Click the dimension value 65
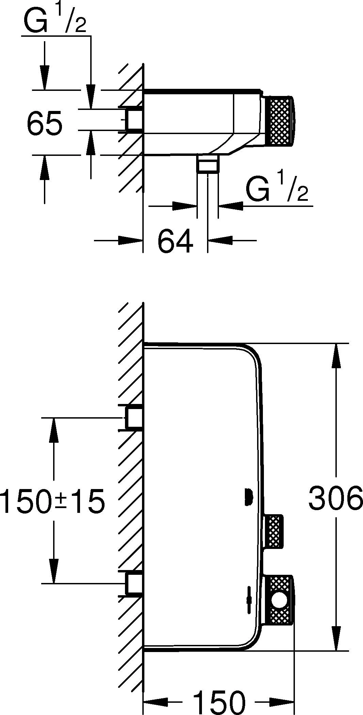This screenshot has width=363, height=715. coord(44,122)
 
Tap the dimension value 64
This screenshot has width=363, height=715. coord(175,241)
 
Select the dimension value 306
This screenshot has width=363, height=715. coord(335,497)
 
